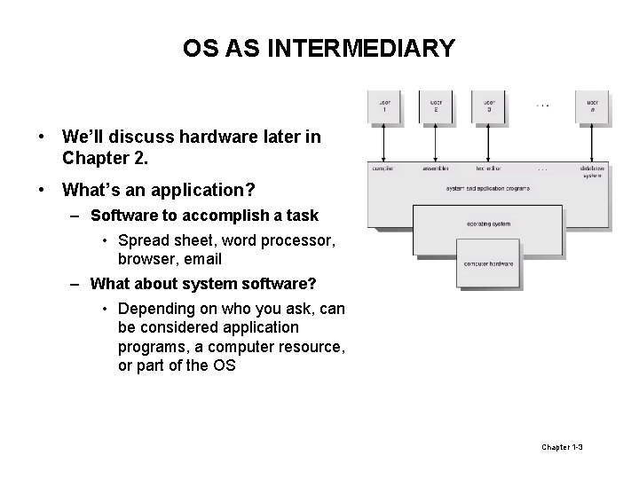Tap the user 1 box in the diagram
(383, 107)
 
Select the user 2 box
(436, 107)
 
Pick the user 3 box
(488, 107)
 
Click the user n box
(592, 107)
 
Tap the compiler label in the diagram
(383, 168)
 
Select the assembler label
(436, 168)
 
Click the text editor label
(488, 168)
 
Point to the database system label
(592, 170)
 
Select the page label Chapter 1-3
(562, 446)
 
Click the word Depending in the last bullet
(158, 308)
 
